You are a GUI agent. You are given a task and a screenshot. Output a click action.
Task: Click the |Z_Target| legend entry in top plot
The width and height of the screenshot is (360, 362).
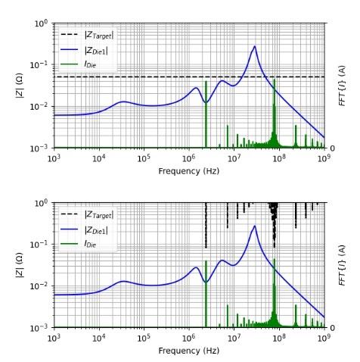[87, 36]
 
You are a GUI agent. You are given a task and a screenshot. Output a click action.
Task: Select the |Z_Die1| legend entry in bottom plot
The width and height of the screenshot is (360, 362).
[84, 229]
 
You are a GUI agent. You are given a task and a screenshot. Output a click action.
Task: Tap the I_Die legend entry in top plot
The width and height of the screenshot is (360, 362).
[78, 64]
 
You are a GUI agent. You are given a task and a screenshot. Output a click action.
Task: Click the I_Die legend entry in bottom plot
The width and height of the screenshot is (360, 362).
[78, 244]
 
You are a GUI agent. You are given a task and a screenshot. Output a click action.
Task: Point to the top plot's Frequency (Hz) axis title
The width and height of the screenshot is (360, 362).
[189, 171]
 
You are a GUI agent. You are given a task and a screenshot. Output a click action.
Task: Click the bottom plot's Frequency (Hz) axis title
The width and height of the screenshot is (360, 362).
[189, 351]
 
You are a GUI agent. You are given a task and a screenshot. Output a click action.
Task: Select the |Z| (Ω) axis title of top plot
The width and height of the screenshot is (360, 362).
[20, 86]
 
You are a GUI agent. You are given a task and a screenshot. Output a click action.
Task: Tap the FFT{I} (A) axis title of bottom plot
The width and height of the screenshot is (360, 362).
[342, 265]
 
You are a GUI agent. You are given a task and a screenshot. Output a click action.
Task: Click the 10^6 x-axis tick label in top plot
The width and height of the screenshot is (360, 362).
[189, 158]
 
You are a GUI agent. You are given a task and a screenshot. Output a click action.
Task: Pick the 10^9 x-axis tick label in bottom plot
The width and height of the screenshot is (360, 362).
[324, 338]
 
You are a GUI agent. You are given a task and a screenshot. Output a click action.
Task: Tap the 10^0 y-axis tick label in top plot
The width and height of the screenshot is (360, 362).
[41, 23]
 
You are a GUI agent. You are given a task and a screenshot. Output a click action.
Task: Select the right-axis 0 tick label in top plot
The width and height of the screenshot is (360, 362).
[332, 148]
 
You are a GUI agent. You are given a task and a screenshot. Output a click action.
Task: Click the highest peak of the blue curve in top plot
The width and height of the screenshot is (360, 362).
[255, 46]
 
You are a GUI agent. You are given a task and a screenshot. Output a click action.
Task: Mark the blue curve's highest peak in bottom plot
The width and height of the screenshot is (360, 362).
[255, 226]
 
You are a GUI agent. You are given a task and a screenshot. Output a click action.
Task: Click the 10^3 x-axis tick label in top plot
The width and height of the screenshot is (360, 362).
[54, 158]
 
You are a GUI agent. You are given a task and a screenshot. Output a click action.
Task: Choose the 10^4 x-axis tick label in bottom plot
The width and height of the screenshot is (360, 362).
[99, 338]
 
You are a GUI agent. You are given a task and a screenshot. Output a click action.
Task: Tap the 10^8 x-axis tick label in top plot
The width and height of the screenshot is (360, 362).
[279, 158]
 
